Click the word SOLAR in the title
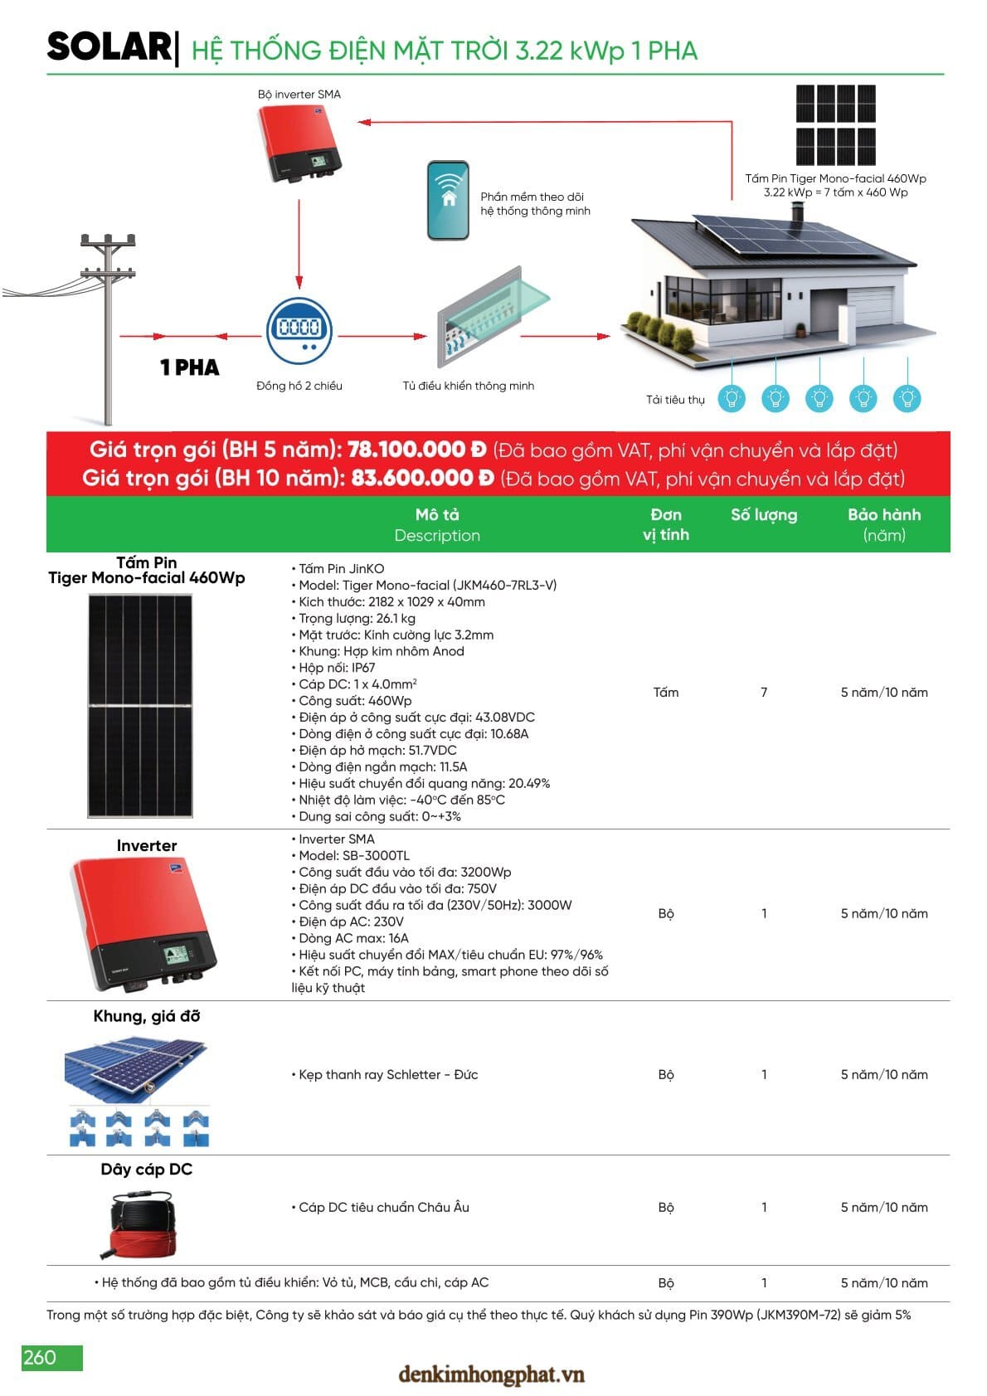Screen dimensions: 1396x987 coord(109,47)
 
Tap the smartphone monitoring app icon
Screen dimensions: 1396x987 coord(448,201)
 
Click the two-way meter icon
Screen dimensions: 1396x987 coord(299,330)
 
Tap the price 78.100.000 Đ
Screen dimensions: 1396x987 coord(416,450)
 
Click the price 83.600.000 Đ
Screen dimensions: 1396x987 coord(422,479)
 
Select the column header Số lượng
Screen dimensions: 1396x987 coord(763,515)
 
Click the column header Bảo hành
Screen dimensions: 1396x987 coord(883,515)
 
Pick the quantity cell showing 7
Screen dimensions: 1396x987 coord(764,693)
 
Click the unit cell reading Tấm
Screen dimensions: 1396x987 coord(665,693)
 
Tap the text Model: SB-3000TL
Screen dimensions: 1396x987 coord(354,856)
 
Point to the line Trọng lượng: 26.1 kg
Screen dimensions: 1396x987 coord(357,619)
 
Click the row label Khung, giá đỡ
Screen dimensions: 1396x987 coord(146,1016)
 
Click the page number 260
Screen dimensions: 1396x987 coord(41,1357)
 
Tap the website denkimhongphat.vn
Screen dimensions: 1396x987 coord(491,1375)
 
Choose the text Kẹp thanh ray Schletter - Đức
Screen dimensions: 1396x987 coord(387,1075)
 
